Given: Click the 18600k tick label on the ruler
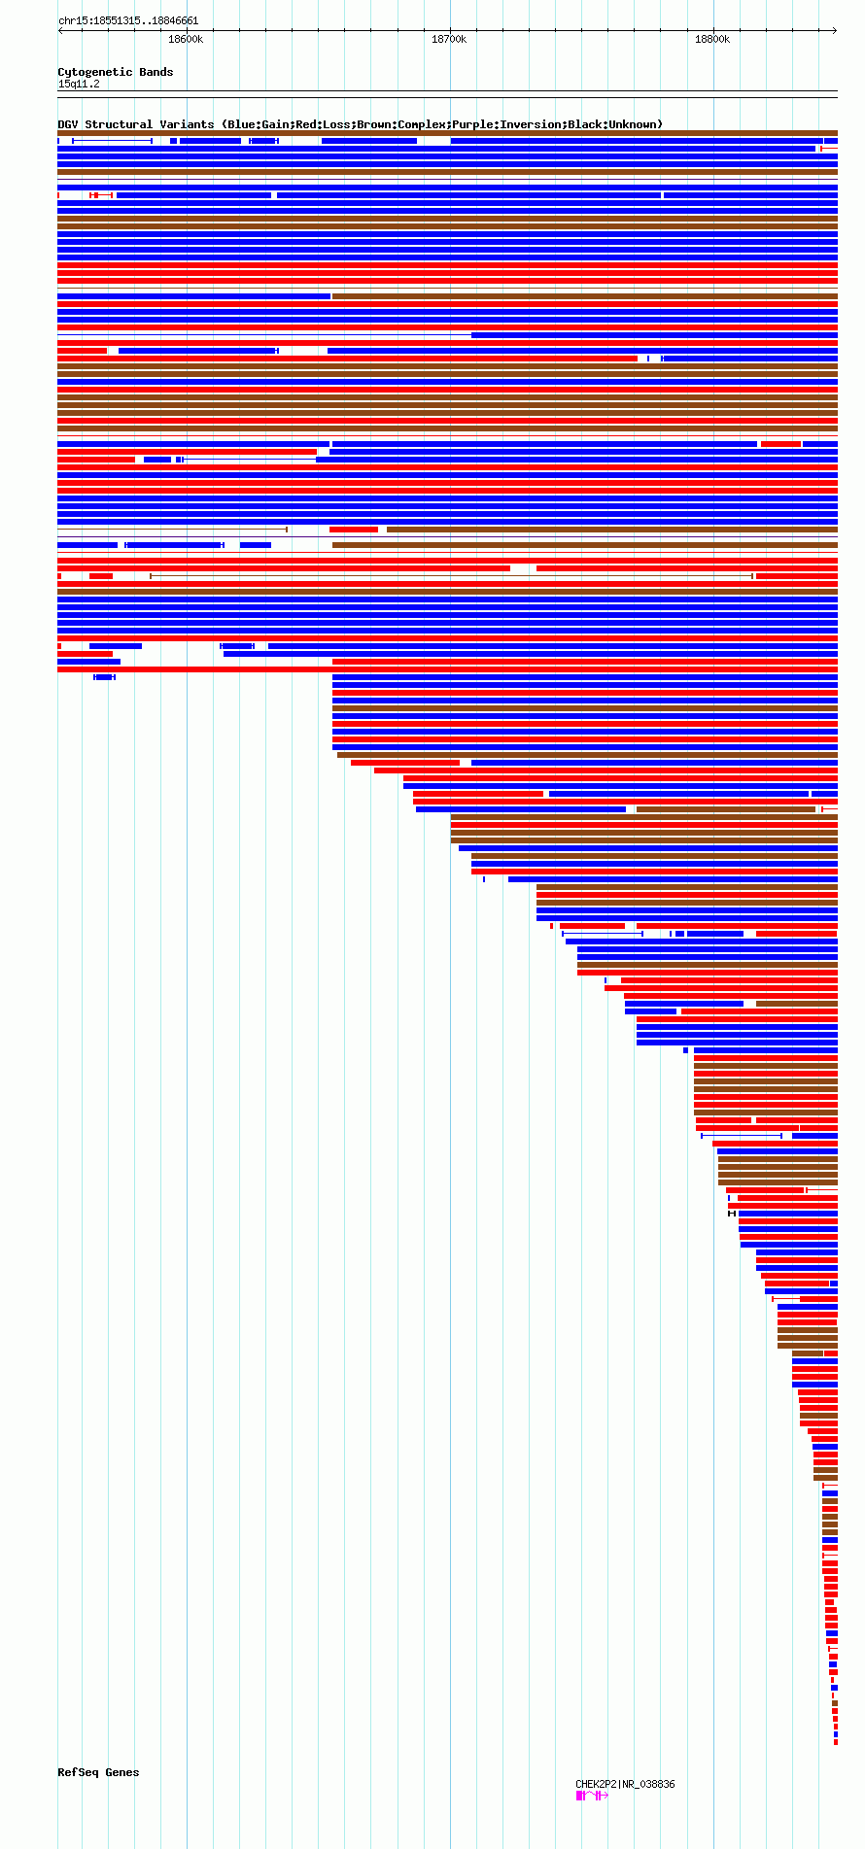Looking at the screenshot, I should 186,39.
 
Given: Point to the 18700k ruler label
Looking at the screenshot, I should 449,39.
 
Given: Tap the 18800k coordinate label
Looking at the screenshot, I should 712,39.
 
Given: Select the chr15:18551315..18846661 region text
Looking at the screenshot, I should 128,20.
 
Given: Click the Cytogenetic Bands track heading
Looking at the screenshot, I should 115,72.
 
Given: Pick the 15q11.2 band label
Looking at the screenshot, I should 79,84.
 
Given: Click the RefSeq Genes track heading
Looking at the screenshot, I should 98,1772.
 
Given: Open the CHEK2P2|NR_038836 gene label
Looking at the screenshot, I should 625,1784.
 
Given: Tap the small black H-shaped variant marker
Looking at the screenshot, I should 732,1214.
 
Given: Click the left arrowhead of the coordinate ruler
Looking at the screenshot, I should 59,30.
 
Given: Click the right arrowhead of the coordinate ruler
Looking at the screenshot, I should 835,30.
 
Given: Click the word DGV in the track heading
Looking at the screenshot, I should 68,124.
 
